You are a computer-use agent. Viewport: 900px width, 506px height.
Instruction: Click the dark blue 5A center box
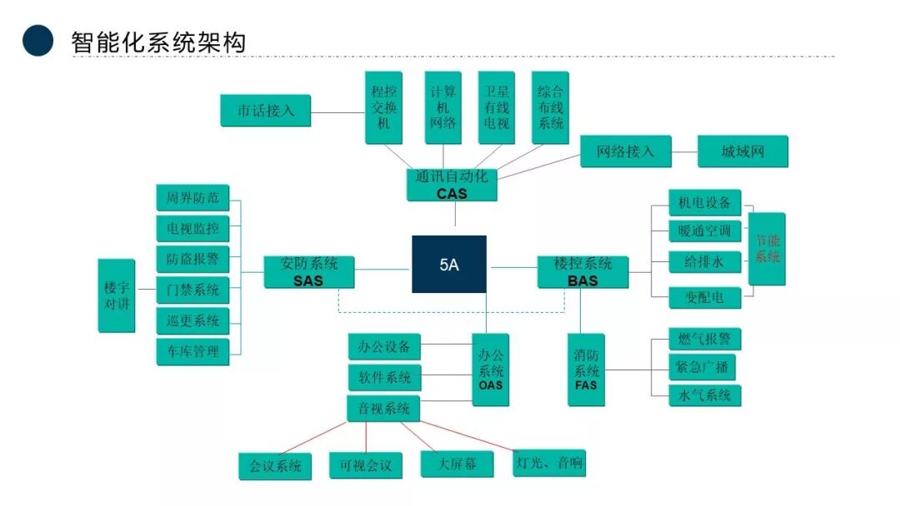[449, 265]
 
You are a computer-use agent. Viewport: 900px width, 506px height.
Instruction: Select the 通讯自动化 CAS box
[452, 185]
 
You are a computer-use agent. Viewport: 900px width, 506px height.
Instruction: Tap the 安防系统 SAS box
[308, 271]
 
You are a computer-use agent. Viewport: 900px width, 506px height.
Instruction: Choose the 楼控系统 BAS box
[582, 271]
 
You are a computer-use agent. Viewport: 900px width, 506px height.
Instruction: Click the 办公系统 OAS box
[491, 369]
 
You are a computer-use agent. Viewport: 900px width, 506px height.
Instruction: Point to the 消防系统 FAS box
[586, 370]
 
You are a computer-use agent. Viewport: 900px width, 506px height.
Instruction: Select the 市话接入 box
[265, 111]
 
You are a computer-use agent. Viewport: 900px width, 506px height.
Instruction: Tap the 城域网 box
[742, 151]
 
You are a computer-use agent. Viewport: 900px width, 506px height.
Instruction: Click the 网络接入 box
[626, 151]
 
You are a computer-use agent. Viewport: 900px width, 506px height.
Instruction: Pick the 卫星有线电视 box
[496, 107]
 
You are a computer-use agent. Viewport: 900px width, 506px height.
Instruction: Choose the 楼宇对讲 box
[117, 295]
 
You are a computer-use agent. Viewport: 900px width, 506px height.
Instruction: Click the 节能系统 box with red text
[767, 249]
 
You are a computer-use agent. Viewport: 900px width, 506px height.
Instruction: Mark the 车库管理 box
[192, 350]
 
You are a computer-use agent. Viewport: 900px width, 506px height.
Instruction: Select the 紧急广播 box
[703, 367]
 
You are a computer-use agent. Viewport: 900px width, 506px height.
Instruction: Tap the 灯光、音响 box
[548, 463]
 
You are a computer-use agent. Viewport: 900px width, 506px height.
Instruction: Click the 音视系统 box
[383, 409]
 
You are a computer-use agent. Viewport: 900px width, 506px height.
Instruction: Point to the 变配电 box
[703, 296]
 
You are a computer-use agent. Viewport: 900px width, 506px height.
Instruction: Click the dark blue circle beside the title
[37, 40]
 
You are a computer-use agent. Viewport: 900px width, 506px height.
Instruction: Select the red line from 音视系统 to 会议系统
[309, 438]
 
